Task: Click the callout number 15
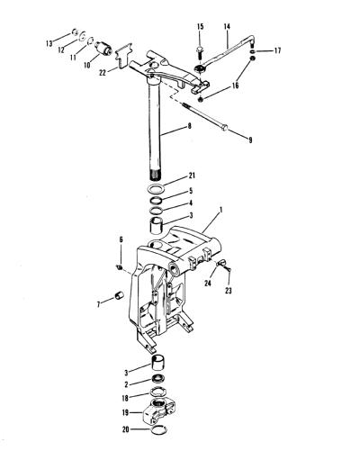click(x=201, y=26)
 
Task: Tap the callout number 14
click(x=227, y=26)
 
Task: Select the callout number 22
click(x=103, y=72)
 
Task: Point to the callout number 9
click(x=250, y=140)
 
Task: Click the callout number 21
click(x=192, y=176)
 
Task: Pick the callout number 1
click(x=221, y=210)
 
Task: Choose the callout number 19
click(x=125, y=412)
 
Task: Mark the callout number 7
click(x=99, y=304)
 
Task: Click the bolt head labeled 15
click(x=200, y=49)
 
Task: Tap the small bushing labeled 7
click(x=120, y=295)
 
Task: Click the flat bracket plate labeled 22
click(x=124, y=55)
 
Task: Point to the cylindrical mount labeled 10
click(x=103, y=48)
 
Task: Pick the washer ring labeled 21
click(x=157, y=189)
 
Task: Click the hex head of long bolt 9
click(x=224, y=129)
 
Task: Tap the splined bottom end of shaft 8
click(x=155, y=175)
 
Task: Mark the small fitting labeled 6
click(x=119, y=266)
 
